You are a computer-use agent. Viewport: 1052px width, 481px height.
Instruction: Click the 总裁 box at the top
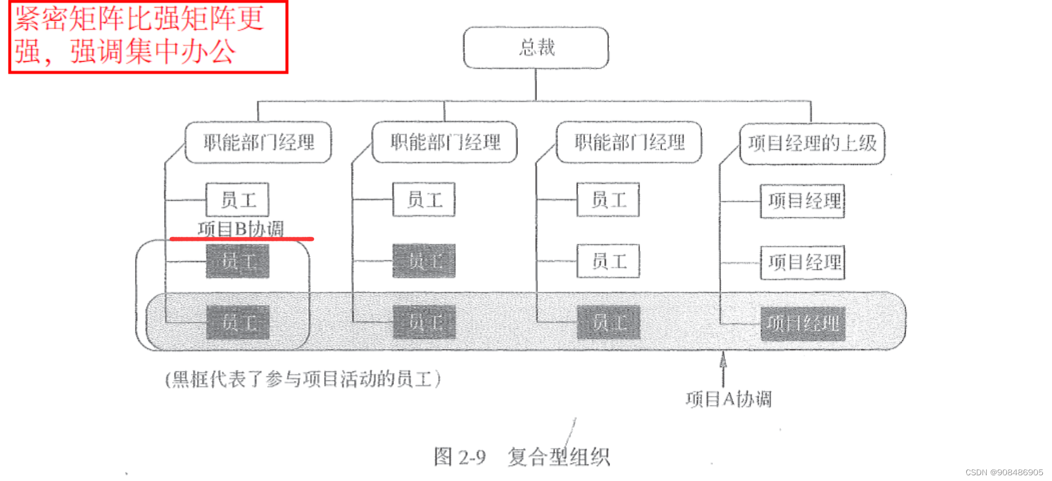536,47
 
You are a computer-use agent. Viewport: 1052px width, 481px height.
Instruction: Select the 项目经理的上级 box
812,143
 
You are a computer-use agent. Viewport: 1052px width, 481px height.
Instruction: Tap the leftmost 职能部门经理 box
258,142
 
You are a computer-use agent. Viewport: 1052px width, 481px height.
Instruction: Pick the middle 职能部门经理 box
445,142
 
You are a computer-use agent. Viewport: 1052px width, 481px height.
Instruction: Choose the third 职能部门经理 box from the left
629,142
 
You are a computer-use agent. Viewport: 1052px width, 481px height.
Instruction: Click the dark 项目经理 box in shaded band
803,323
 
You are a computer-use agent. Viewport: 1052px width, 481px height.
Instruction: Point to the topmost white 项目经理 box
803,201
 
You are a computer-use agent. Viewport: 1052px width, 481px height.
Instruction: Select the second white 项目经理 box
803,262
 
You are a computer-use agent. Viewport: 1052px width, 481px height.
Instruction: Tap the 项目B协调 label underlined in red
241,229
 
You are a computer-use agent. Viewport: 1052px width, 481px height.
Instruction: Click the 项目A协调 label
728,399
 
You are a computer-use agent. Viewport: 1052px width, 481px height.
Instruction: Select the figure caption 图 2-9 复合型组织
521,456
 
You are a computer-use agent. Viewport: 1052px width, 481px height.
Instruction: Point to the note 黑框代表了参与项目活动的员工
303,379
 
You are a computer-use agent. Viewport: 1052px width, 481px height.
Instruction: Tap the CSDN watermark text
1004,472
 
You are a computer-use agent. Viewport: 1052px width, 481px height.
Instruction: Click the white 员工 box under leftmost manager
237,200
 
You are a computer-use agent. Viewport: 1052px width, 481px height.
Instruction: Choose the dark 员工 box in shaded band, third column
608,323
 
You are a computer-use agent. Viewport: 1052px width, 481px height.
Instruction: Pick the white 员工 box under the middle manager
424,200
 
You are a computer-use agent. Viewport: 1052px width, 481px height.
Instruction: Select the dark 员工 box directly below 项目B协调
237,261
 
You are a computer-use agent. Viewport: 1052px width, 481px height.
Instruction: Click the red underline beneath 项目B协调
241,238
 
